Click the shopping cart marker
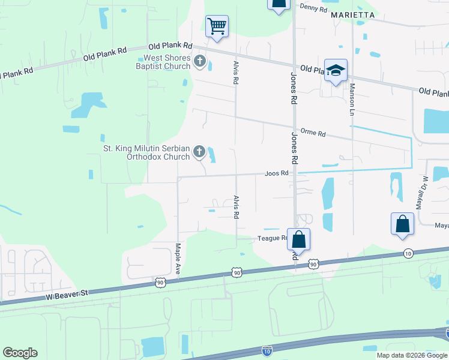[x=217, y=26]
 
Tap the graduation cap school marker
[x=336, y=69]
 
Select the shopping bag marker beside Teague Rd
[x=298, y=239]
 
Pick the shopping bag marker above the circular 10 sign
[x=402, y=224]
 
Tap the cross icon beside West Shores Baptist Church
[x=200, y=62]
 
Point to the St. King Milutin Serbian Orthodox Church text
[x=146, y=152]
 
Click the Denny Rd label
[x=313, y=8]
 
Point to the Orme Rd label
[x=313, y=134]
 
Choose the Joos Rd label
[x=277, y=173]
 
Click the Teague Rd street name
[x=273, y=238]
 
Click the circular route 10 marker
[x=408, y=253]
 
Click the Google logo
[x=20, y=353]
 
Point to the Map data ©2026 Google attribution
[x=411, y=355]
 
